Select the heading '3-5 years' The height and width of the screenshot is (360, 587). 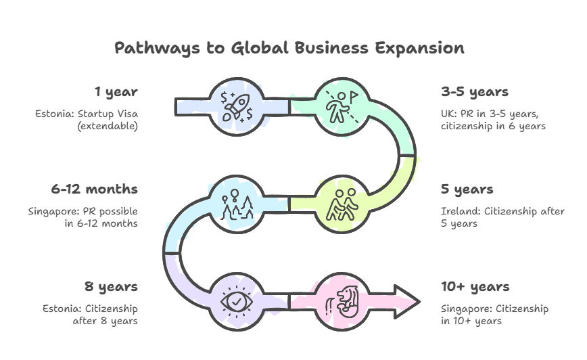474,91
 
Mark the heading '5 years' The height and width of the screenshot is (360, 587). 467,189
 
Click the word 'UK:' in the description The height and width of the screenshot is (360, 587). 448,114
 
